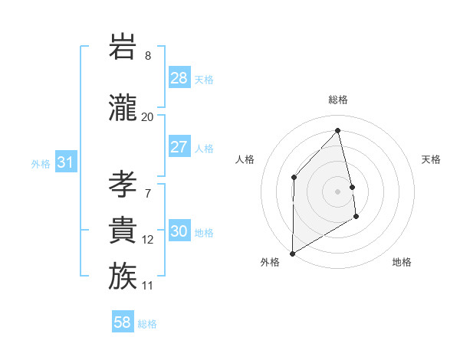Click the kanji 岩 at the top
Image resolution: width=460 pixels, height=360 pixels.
123,47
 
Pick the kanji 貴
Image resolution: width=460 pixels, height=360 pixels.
123,231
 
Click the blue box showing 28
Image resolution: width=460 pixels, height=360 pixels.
179,78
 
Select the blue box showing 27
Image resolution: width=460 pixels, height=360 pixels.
179,147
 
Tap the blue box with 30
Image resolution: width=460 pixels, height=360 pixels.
179,232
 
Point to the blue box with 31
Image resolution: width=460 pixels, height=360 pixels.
66,162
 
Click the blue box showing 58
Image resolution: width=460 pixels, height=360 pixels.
123,322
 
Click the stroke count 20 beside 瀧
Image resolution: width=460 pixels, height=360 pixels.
147,117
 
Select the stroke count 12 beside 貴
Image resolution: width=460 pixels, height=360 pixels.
147,240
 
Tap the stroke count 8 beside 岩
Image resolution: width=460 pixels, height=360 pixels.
147,56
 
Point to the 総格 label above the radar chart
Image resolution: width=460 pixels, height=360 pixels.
338,100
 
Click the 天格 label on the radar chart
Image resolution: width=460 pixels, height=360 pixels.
432,159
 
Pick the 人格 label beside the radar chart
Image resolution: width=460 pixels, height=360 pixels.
245,159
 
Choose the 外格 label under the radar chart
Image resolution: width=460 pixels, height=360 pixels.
270,262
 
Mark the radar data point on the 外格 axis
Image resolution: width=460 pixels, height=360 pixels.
292,253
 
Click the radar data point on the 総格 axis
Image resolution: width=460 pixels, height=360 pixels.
338,130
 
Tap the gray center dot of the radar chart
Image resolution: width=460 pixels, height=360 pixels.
338,191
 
